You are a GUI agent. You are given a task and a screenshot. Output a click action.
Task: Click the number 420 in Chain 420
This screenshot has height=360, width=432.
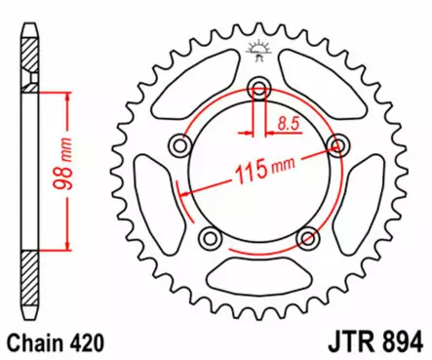(85, 342)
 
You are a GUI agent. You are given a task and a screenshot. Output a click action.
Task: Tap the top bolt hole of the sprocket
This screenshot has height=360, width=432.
(258, 92)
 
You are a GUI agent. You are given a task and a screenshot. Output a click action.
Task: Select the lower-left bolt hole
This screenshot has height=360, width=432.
(208, 239)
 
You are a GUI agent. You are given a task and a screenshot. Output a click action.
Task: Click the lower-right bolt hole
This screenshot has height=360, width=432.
(308, 239)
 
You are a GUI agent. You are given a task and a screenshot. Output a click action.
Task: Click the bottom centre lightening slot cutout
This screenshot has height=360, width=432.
(258, 281)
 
